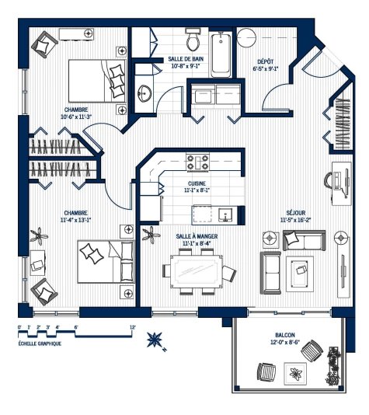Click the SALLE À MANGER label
(x=196, y=237)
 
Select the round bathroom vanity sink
(x=144, y=94)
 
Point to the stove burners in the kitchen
(x=197, y=162)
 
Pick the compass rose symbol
(x=155, y=340)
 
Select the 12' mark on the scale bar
(x=133, y=327)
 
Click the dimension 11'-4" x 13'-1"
(x=76, y=220)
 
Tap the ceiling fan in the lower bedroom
(x=37, y=233)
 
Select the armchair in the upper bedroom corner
(x=42, y=43)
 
